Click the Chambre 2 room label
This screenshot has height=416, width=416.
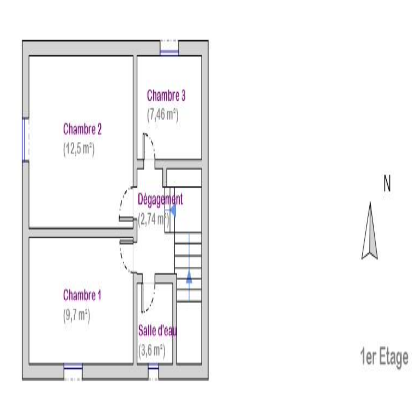click(82, 129)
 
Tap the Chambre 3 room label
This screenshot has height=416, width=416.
click(166, 95)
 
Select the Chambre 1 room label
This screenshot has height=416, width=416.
click(82, 295)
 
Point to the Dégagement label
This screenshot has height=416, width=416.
click(160, 199)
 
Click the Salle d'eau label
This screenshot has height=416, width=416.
click(158, 331)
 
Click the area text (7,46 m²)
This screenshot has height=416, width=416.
click(163, 115)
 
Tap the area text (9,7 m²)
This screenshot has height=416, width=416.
click(77, 316)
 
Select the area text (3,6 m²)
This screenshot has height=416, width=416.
click(152, 351)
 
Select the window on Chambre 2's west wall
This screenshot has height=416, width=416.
click(25, 140)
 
